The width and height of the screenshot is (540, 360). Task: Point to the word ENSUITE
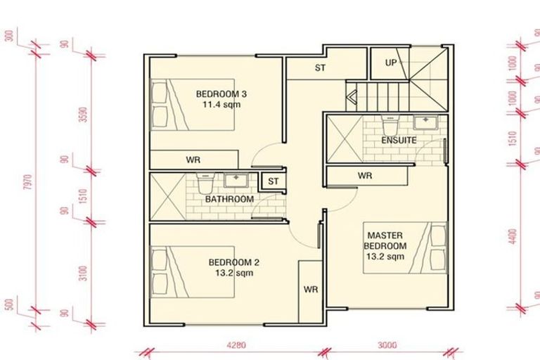tap(399, 141)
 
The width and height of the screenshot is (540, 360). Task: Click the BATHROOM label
tap(229, 200)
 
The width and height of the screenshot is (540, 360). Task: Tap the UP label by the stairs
tap(392, 63)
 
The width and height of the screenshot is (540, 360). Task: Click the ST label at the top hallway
tap(321, 68)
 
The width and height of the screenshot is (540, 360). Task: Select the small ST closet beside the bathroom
tap(272, 181)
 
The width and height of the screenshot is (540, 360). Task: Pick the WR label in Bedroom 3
tap(193, 160)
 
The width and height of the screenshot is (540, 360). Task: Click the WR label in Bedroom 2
tap(310, 289)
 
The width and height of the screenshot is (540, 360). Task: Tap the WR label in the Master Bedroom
tap(364, 175)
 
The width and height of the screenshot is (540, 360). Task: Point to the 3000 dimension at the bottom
tap(387, 345)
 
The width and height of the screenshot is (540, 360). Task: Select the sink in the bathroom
tap(233, 180)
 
